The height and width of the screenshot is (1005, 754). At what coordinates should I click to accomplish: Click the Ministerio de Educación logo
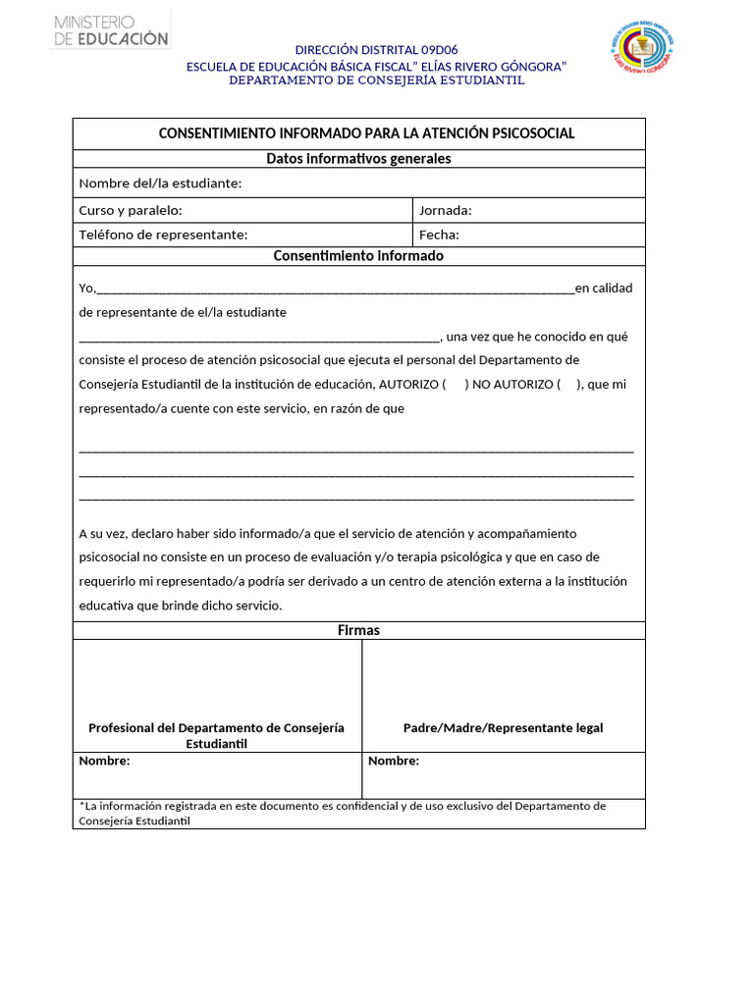[111, 29]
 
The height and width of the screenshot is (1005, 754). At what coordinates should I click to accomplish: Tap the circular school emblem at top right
[642, 46]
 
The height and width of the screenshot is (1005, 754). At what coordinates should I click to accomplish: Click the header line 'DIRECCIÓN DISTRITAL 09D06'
[376, 50]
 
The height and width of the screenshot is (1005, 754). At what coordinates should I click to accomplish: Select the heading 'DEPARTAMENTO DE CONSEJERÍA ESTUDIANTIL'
[376, 80]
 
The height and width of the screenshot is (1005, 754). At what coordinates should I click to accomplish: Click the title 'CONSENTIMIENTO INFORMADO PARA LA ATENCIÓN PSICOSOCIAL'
[366, 133]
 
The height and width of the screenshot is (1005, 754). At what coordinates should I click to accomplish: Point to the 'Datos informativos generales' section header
[358, 159]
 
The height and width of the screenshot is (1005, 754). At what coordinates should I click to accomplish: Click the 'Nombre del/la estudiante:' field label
[160, 184]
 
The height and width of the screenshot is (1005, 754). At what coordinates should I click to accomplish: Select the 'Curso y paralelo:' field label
[131, 210]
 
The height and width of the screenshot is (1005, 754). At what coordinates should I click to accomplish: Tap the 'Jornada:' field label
[445, 210]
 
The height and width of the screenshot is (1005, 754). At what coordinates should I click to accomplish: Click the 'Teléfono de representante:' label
[163, 235]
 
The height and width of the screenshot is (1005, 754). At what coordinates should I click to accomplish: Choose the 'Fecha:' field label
[439, 235]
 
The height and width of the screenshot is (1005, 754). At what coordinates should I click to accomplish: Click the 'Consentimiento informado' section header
[358, 256]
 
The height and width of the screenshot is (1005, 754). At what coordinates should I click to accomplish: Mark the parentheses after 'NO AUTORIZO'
[570, 385]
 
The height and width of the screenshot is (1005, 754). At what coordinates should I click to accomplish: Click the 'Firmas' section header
[358, 630]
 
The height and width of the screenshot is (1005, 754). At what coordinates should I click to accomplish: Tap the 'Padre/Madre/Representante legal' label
[503, 728]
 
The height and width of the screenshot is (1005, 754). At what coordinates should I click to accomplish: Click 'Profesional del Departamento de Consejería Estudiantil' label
[216, 735]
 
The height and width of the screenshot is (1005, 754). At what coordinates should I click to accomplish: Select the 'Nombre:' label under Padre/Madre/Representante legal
[393, 762]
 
